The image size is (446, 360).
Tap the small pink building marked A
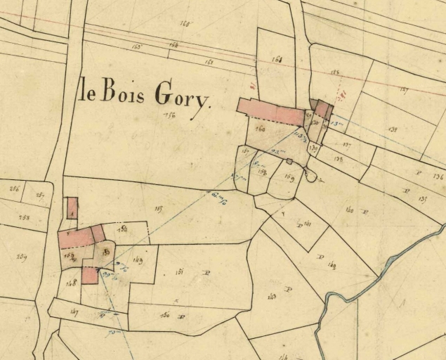(x=72, y=207)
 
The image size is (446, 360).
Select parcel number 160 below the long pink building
(x=261, y=129)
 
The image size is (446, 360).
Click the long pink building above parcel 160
(x=270, y=111)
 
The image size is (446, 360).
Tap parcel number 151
(x=181, y=271)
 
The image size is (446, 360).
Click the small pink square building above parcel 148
(x=89, y=275)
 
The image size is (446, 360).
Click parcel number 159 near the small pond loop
(x=289, y=177)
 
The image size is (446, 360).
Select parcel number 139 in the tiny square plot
(x=313, y=148)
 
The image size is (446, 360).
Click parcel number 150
(x=166, y=316)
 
